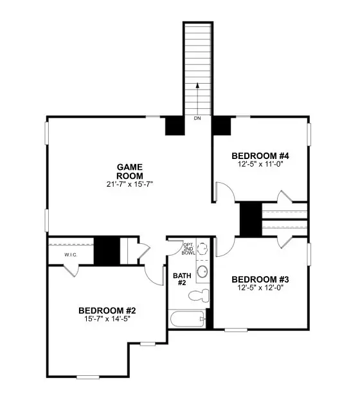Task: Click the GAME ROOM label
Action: (129, 171)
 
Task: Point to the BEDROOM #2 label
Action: (107, 310)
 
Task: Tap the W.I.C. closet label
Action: (71, 255)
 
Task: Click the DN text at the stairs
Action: (197, 119)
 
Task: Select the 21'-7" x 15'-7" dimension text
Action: (129, 185)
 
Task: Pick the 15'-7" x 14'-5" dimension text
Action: (107, 319)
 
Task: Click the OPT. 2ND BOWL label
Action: (188, 249)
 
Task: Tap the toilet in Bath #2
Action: (200, 295)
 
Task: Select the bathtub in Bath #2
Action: (187, 319)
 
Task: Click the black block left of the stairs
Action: (175, 125)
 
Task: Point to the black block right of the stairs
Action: (222, 125)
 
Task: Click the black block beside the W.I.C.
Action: (107, 250)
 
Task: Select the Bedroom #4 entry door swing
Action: (222, 192)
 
